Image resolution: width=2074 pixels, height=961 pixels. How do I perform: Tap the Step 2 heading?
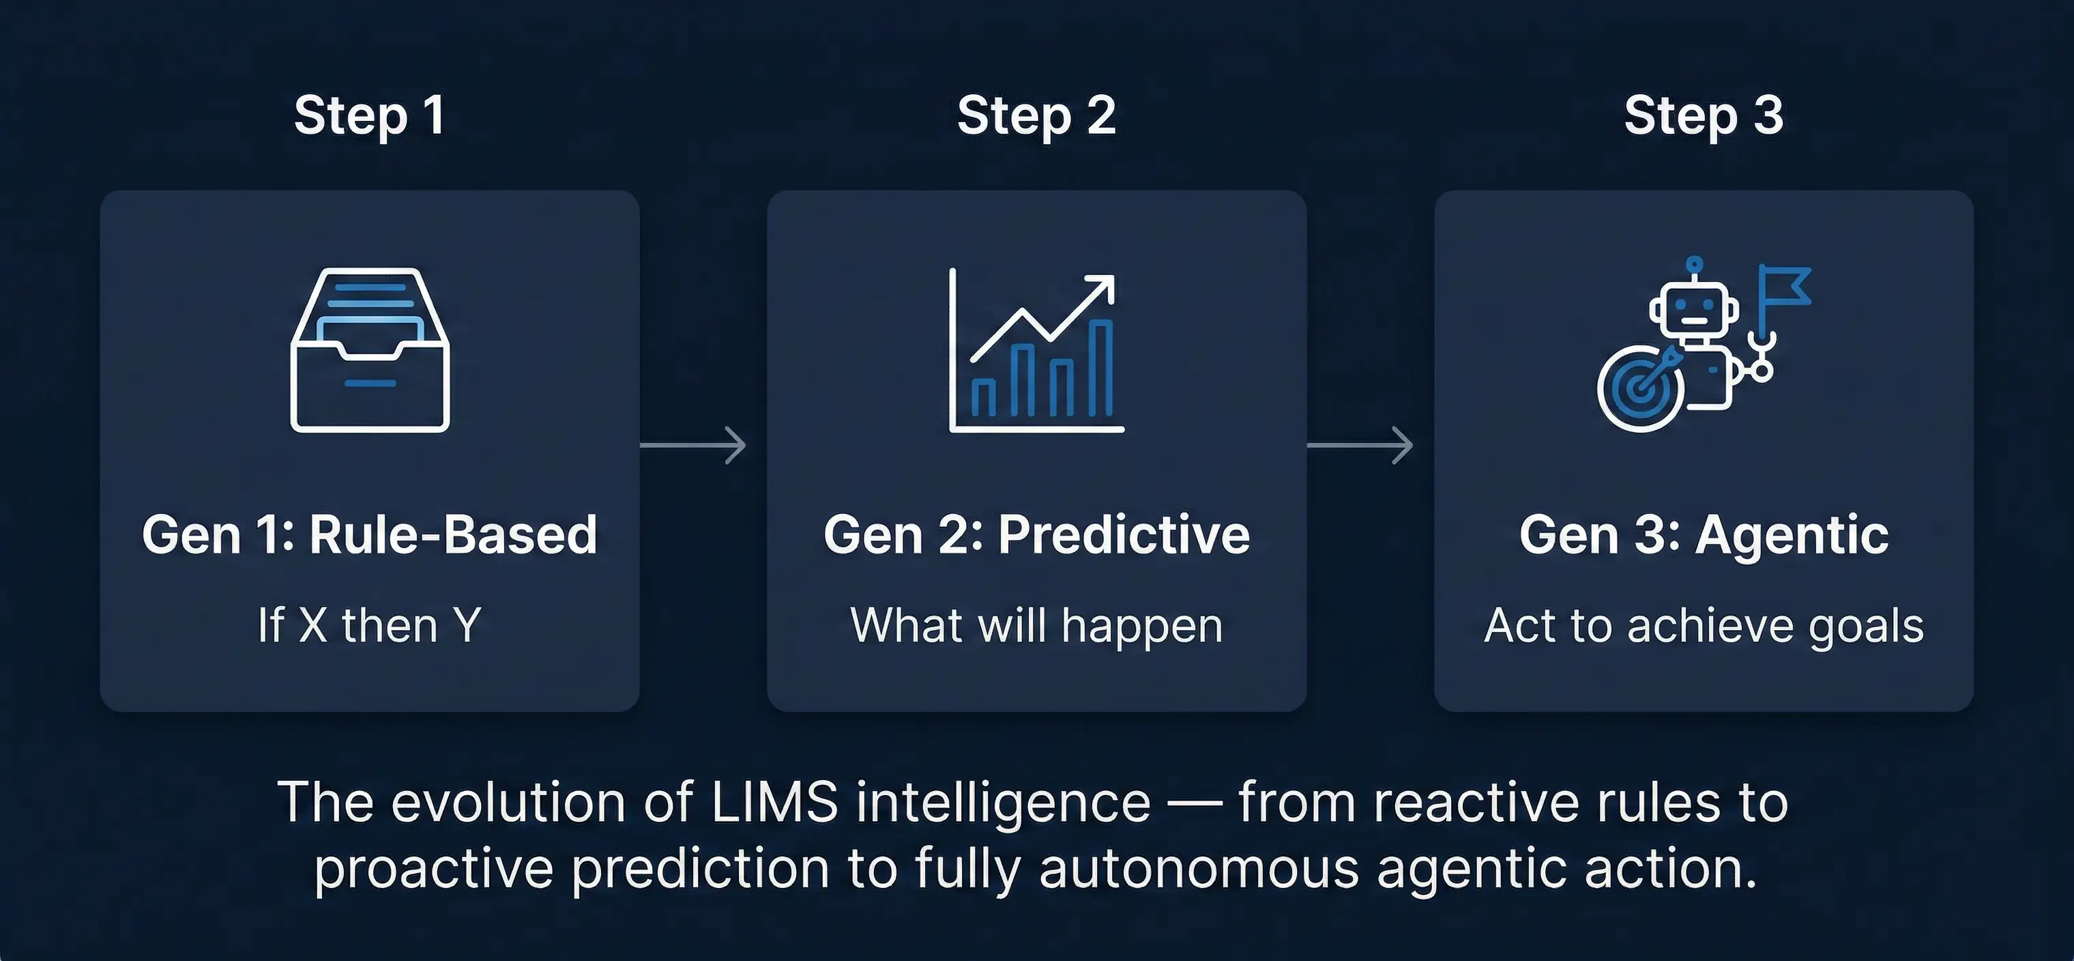click(1036, 116)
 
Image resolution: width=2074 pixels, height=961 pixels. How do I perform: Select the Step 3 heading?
click(1704, 116)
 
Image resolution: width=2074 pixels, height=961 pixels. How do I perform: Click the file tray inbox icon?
click(370, 350)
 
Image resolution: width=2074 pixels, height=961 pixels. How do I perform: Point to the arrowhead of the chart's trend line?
click(1105, 285)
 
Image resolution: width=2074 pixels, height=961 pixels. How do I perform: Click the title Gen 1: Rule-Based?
click(370, 535)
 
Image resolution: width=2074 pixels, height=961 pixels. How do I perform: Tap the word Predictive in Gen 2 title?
click(1124, 535)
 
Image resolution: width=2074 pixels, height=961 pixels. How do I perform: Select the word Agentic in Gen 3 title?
click(1792, 535)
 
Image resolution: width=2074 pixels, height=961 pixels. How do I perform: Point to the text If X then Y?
click(370, 625)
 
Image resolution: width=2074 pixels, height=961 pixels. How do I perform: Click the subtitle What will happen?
click(1036, 627)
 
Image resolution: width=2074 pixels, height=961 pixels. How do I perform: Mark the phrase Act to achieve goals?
click(1704, 627)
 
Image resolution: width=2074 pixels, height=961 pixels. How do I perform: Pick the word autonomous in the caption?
click(1199, 870)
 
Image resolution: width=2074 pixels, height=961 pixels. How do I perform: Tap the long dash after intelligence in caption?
click(1195, 805)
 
